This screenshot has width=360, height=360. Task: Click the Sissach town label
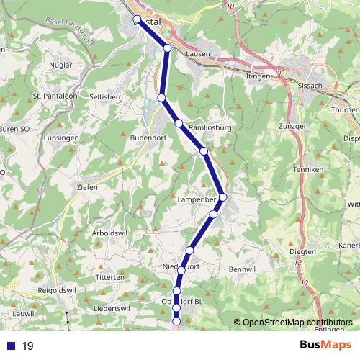(310, 84)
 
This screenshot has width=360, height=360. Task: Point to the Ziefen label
(87, 186)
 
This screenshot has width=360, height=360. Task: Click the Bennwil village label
(241, 269)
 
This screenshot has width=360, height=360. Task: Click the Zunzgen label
(292, 126)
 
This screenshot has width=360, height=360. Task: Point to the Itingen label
(258, 75)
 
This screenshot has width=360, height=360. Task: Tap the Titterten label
(110, 277)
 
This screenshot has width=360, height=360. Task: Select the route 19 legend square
(12, 346)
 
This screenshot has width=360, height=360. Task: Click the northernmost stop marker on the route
(137, 19)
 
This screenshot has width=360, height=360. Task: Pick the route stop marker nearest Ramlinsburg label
(179, 124)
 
